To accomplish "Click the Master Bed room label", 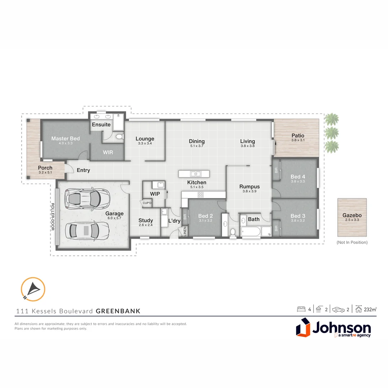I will click(x=65, y=138).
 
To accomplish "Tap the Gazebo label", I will click(x=352, y=216).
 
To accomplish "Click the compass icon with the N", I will click(x=33, y=289).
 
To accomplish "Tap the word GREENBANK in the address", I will click(x=118, y=311).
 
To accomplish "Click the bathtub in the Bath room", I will click(x=251, y=232).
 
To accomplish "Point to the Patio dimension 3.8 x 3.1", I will click(x=298, y=140).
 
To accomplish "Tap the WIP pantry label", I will click(x=155, y=194).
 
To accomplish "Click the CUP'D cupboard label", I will click(x=147, y=203).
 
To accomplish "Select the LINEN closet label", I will click(x=185, y=231).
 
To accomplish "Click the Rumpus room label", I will click(x=249, y=186).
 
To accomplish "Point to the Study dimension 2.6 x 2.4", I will click(x=145, y=225).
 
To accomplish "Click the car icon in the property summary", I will click(x=338, y=309).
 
